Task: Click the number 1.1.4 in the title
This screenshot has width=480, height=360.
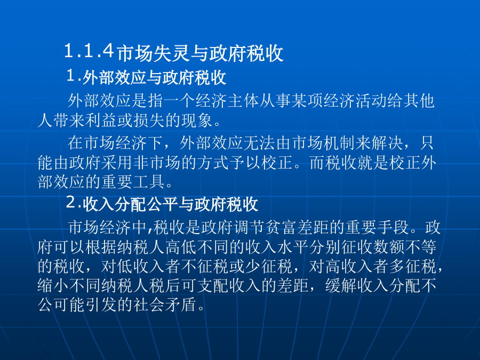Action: (x=89, y=51)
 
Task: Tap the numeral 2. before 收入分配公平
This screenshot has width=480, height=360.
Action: (x=74, y=203)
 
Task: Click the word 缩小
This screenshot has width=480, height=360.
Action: (x=53, y=286)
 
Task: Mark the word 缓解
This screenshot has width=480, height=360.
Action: (x=341, y=286)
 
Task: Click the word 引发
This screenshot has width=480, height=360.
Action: (x=101, y=305)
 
